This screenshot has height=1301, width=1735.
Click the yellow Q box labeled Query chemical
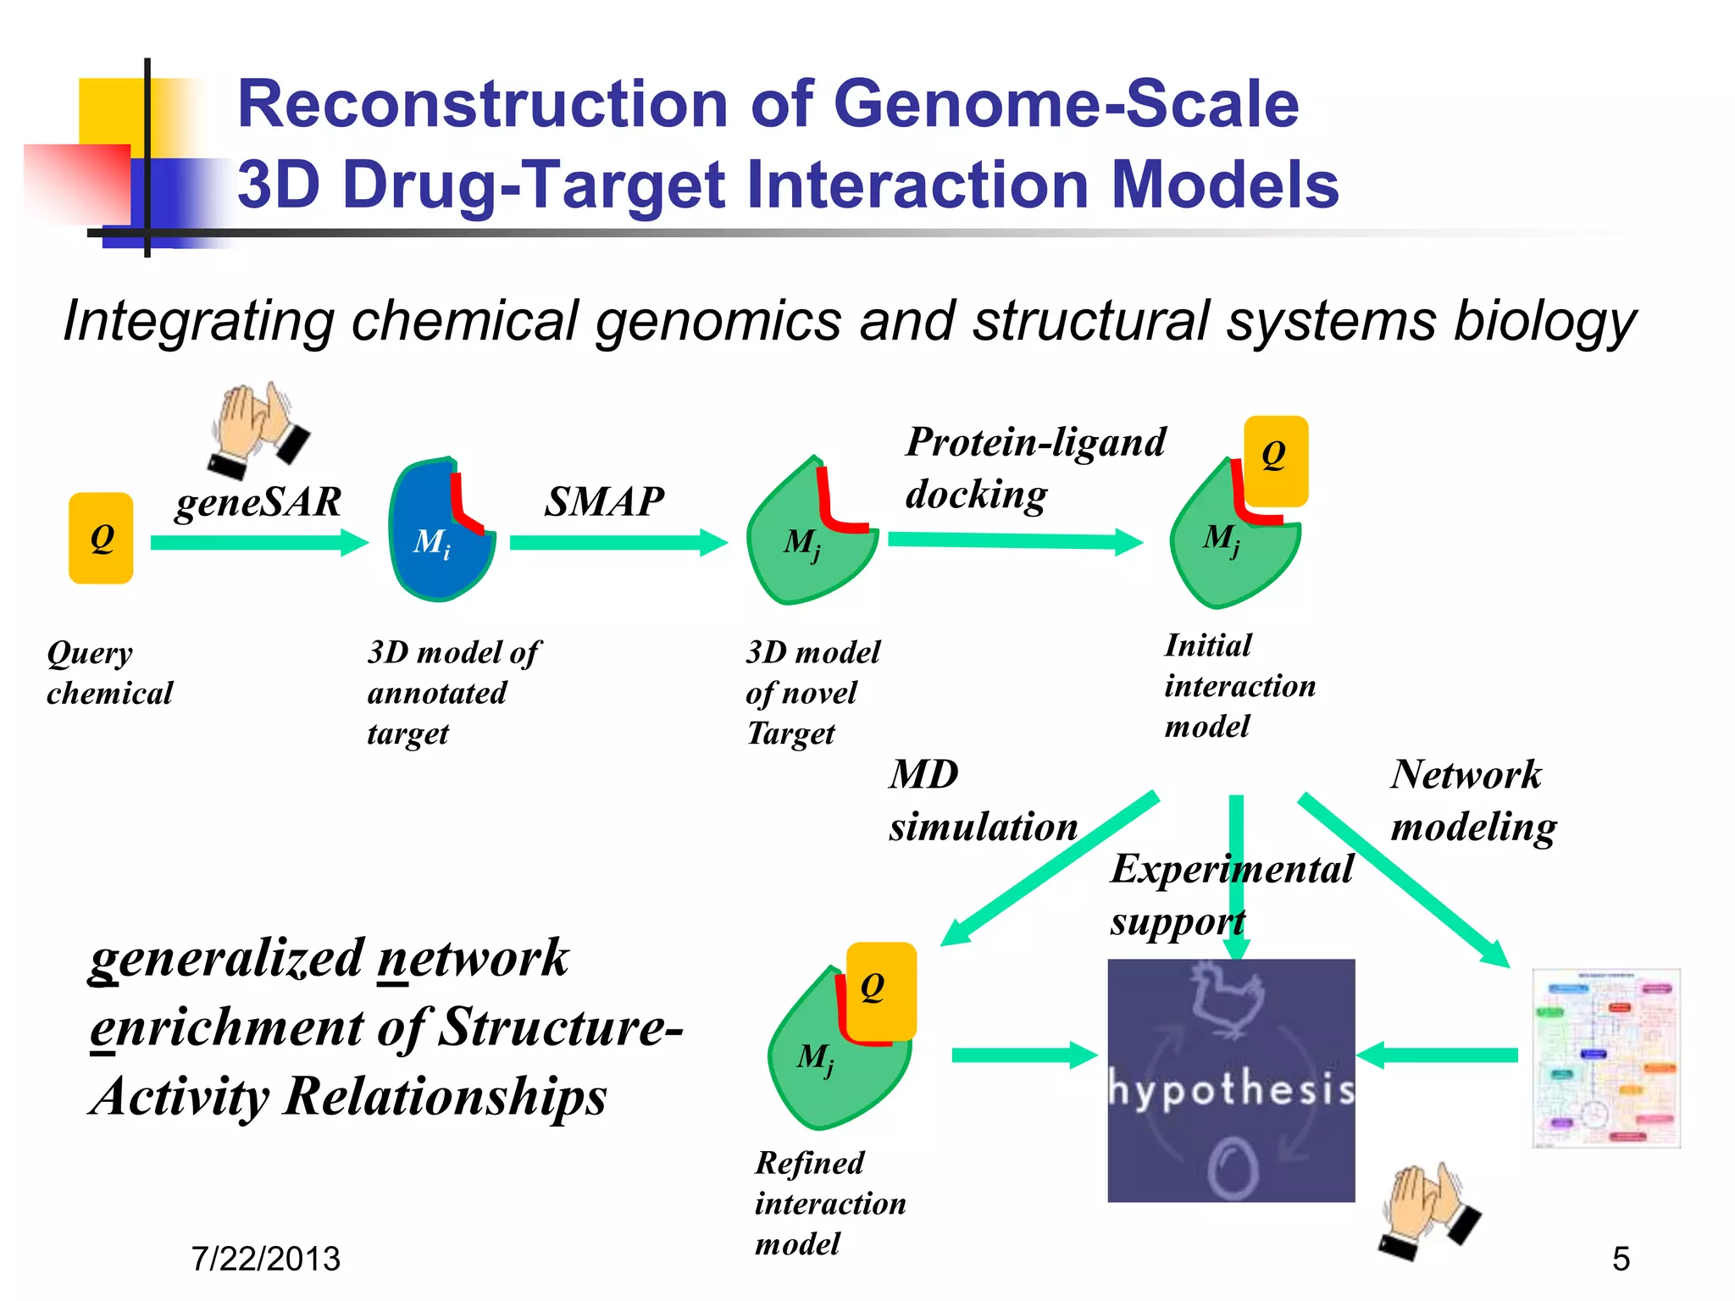pos(101,538)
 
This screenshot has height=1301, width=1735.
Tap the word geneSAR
pos(258,501)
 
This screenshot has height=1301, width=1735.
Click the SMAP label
pos(603,501)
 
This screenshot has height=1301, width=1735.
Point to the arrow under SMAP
pos(618,542)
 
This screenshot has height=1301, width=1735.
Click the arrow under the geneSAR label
pos(258,542)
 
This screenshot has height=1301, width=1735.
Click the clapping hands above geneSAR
pos(258,429)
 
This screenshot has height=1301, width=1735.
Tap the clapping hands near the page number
pos(1428,1211)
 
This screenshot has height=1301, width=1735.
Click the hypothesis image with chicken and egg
pos(1231,1080)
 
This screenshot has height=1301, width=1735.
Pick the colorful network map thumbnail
pos(1606,1058)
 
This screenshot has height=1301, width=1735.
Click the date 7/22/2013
pos(265,1259)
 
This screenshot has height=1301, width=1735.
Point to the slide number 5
pos(1621,1259)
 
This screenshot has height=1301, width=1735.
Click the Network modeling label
pos(1472,800)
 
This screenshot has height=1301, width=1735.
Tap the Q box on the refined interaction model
pos(881,989)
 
